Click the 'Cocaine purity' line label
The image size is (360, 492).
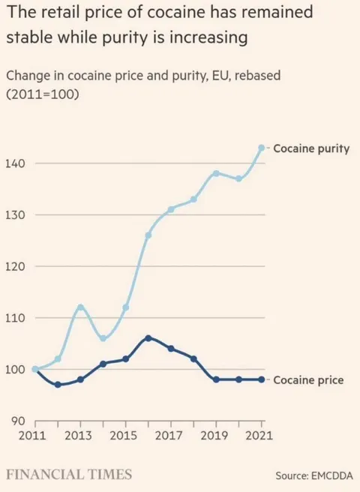(310, 148)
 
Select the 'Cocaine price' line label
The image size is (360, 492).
(307, 380)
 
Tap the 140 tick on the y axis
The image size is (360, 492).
(17, 163)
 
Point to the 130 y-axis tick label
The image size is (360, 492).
(17, 215)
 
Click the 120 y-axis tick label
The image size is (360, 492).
(17, 267)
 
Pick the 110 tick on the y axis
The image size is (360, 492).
(17, 318)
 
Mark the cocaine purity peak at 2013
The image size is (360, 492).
(80, 307)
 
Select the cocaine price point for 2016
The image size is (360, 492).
(148, 338)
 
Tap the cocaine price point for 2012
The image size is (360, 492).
(58, 385)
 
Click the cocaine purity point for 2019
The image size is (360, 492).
(216, 173)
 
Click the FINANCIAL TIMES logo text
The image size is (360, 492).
(69, 474)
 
